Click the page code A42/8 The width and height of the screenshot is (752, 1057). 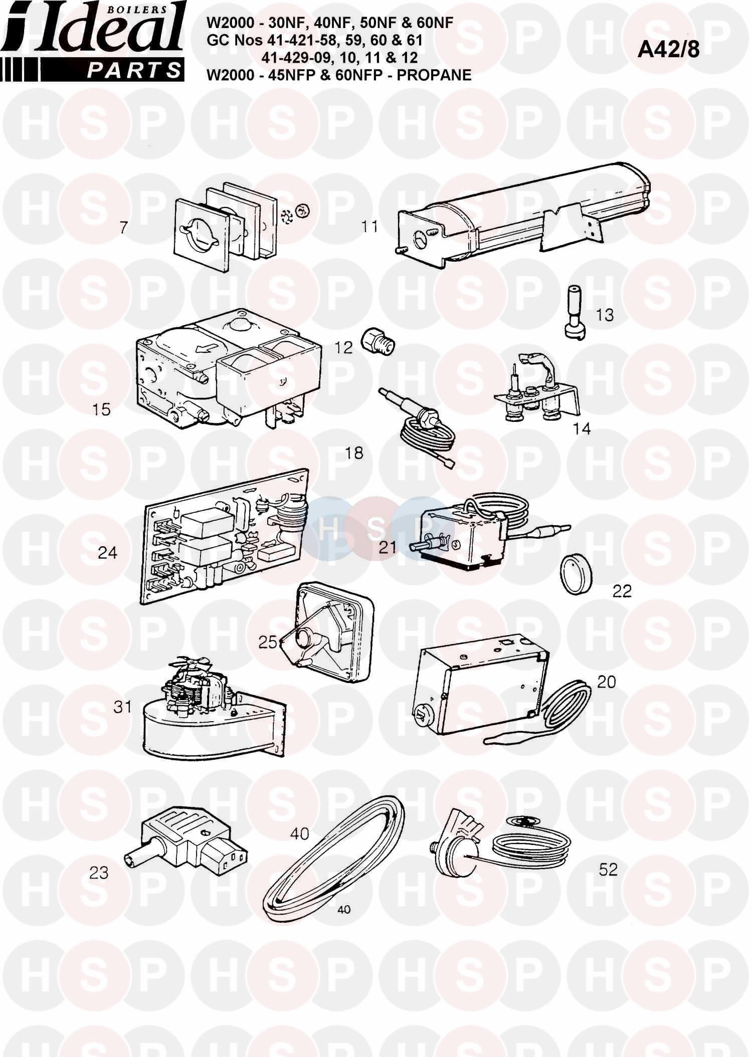click(668, 50)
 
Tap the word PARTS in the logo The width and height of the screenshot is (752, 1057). click(134, 70)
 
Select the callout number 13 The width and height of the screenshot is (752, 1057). click(605, 315)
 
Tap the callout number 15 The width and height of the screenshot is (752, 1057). click(101, 409)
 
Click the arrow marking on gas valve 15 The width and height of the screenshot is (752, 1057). click(207, 347)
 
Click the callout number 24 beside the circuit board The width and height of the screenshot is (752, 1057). click(107, 553)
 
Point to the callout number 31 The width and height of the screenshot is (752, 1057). click(123, 707)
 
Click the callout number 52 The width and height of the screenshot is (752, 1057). click(608, 870)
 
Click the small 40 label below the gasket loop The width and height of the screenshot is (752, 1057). click(344, 910)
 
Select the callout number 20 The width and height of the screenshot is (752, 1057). click(606, 682)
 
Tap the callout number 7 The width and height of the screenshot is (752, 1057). click(123, 228)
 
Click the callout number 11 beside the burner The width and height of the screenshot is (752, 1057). click(370, 227)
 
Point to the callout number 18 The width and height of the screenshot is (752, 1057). click(354, 453)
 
